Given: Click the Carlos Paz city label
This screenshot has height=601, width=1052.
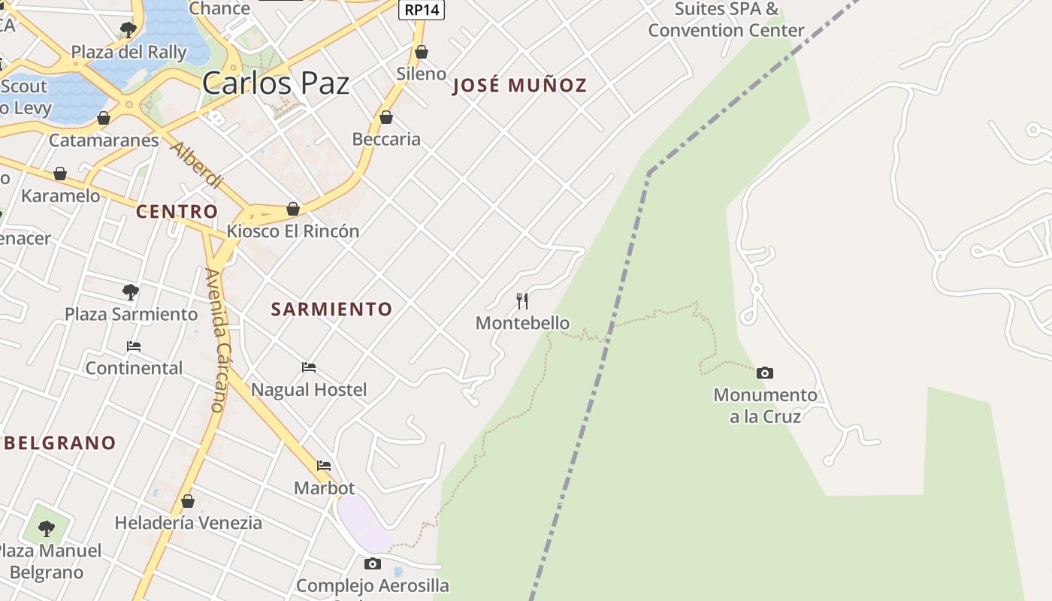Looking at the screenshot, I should coord(276,83).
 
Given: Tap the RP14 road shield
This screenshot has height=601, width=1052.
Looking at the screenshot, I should coord(421,10).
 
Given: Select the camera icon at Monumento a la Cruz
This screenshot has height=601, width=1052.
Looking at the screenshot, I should coord(765,373).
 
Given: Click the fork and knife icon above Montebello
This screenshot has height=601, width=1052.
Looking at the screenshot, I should coord(523,301).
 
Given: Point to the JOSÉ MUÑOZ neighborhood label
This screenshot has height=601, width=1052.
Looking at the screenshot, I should coord(519,86).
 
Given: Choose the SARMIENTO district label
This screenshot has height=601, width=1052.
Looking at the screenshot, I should coord(331,309).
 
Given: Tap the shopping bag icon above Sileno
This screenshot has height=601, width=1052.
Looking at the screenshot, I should coord(422,52).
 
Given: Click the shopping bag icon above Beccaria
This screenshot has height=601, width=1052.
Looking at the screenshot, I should coord(386,117).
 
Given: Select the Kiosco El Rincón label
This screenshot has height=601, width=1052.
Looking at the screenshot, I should coord(293,231).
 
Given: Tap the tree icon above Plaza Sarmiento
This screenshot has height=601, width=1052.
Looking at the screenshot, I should coord(131,291).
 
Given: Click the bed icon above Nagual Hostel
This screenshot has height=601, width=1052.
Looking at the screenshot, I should coord(309,367).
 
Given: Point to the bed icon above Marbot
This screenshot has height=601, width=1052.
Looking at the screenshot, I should coord(324,466).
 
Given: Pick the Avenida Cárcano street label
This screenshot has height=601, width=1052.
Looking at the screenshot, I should coord(216,340).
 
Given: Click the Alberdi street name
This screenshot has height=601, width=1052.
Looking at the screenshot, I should coord(197,165).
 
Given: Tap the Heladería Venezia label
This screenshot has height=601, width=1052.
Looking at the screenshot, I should coord(188,522).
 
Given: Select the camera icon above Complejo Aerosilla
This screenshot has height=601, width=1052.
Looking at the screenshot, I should coord(373,563).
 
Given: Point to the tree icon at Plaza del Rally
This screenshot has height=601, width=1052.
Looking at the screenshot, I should coord(128,30).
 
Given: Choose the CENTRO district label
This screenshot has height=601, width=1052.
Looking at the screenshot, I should coord(177,211).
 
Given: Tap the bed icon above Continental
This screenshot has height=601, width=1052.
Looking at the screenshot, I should coord(134,346).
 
